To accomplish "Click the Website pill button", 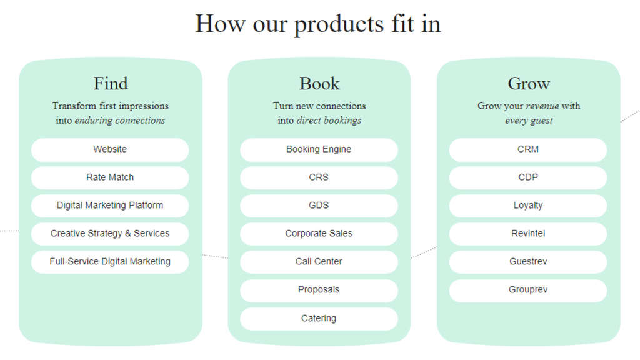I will (x=110, y=149).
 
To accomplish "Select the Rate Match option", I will (x=110, y=177).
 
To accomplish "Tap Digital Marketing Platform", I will (x=110, y=206).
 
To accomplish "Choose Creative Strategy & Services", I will (x=110, y=234).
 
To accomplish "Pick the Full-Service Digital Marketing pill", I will (x=110, y=262).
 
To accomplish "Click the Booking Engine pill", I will (x=319, y=149).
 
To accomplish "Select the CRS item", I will (x=319, y=177).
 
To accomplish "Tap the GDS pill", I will (x=319, y=206).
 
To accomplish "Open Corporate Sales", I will (x=319, y=234).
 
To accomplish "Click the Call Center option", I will (x=319, y=262).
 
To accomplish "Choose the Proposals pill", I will (x=319, y=290).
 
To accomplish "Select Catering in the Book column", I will (x=319, y=319).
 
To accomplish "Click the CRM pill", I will (x=528, y=149).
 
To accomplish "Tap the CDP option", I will (x=528, y=177).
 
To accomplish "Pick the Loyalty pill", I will (x=528, y=206).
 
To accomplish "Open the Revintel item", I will (x=528, y=234).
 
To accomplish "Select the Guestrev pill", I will (x=528, y=262).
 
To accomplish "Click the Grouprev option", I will (x=528, y=290).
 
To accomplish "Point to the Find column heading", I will (x=111, y=83).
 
